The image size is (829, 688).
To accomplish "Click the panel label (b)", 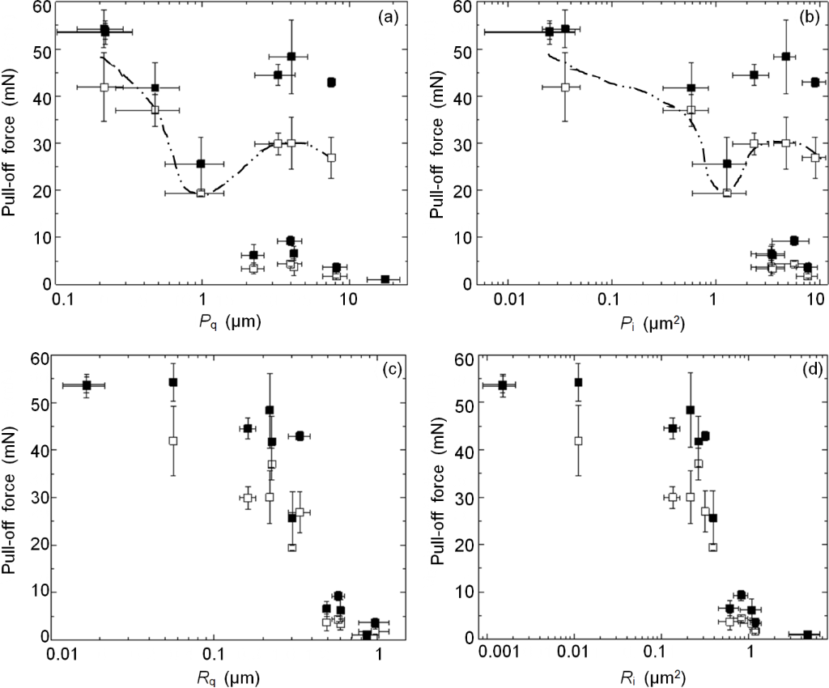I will click(805, 15).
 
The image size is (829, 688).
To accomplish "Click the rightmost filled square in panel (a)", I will click(385, 279).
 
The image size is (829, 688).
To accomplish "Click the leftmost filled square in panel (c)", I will click(87, 385).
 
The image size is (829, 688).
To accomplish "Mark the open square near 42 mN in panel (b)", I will click(565, 87).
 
